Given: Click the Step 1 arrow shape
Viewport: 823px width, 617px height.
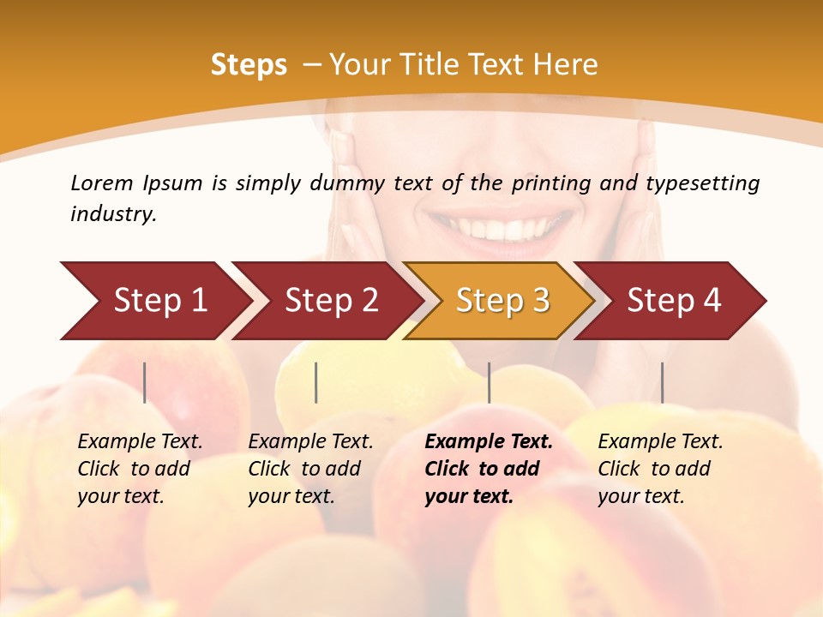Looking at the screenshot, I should click(154, 301).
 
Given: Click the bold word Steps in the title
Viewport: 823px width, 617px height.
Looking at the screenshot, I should click(249, 65).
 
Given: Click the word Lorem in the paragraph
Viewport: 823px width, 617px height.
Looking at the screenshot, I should click(102, 183).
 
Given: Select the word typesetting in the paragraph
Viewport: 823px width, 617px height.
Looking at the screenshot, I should click(702, 183).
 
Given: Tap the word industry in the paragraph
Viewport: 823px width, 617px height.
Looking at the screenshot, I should click(113, 213).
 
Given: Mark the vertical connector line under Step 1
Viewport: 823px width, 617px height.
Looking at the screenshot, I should click(145, 382).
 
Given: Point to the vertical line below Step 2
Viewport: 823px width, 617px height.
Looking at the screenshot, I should click(316, 382).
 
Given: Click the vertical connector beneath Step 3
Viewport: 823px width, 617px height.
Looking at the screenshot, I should click(489, 382).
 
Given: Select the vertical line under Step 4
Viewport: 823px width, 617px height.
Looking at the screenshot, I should click(662, 382).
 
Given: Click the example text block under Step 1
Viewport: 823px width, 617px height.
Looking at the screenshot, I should click(140, 469).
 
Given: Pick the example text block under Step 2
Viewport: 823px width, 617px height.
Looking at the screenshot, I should click(310, 469).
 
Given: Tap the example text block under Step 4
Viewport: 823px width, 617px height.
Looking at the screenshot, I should click(660, 469).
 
